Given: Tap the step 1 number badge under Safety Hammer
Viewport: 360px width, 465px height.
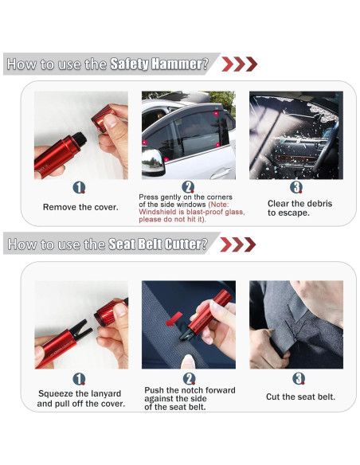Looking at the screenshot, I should (80, 188).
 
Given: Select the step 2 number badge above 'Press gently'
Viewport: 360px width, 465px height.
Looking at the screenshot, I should (189, 186).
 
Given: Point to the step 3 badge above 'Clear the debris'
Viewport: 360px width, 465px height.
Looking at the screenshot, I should (296, 188).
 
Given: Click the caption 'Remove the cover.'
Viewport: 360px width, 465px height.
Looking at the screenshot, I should (80, 207).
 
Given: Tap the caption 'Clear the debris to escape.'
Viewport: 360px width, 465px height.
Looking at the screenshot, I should (299, 208).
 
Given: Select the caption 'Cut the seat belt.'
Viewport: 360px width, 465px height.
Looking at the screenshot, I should (300, 397).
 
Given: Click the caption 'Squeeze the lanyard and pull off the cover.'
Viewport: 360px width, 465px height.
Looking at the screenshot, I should (80, 399).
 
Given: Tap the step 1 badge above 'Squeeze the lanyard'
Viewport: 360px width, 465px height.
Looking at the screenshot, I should (80, 379).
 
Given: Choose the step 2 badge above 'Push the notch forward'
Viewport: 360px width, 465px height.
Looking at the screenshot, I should (190, 378).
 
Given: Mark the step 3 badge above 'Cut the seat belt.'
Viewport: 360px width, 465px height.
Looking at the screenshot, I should (298, 378).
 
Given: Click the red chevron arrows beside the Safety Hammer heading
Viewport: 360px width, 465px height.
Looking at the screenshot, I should (238, 64).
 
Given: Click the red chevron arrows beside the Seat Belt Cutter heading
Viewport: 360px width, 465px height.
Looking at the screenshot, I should (237, 244).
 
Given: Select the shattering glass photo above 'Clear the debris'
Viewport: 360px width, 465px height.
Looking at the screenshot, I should (295, 135).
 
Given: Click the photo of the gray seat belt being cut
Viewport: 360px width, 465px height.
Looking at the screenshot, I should (295, 324).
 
